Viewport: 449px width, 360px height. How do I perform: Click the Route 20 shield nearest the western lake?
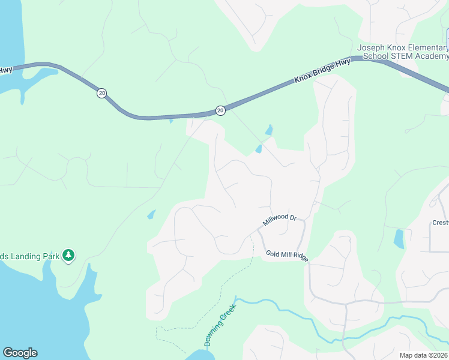(x=102, y=93)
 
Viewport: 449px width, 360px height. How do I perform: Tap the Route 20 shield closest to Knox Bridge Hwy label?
(x=220, y=110)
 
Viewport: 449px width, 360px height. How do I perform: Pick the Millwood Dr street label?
(x=280, y=220)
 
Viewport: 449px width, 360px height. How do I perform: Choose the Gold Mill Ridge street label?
(x=287, y=256)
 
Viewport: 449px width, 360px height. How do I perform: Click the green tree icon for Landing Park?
(x=69, y=256)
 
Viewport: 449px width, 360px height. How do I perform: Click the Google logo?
(x=20, y=353)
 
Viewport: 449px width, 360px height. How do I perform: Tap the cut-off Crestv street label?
(x=440, y=223)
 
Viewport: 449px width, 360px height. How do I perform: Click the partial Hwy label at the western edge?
(x=6, y=70)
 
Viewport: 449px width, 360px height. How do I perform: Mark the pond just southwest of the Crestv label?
(x=399, y=239)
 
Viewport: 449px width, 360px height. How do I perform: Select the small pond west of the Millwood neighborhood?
(x=151, y=214)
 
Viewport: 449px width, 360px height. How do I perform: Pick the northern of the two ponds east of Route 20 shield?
(x=270, y=130)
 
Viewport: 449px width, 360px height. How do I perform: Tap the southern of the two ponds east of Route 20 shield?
(x=258, y=149)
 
